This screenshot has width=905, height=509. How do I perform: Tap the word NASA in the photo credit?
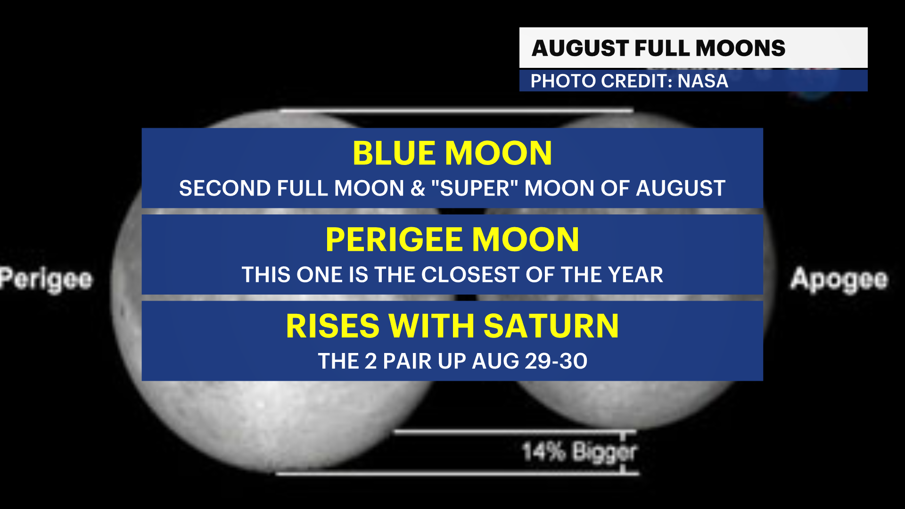point(703,81)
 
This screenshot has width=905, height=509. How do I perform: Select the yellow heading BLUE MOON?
point(452,153)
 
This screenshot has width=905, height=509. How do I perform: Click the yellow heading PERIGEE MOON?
point(452,239)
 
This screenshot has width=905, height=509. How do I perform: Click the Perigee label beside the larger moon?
point(46,279)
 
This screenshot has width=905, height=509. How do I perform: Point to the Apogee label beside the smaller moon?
point(839,279)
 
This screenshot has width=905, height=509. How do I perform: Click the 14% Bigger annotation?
point(579,452)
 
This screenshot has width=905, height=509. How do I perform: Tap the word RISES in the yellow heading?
point(332,326)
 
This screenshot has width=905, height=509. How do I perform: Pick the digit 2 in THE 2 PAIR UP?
point(370,361)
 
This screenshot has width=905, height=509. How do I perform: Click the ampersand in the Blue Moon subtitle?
point(418,189)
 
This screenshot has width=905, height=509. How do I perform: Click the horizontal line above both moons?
point(456,111)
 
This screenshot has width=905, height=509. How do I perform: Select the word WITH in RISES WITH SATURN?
point(431,326)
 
